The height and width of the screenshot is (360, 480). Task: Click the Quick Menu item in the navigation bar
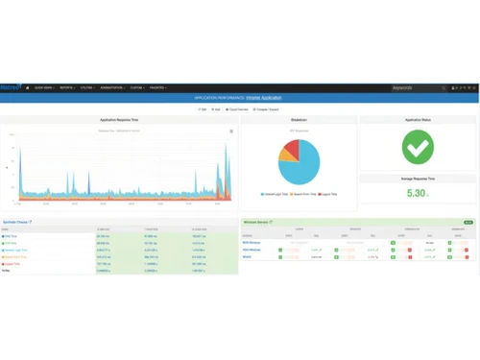45,88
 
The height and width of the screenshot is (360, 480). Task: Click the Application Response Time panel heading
119,120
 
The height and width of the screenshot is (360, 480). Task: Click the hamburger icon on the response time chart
231,131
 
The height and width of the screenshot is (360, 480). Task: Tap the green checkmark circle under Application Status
417,147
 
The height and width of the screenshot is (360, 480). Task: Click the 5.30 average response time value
415,193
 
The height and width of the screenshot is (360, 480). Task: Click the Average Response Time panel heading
417,178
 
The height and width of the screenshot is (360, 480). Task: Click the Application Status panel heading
417,120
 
